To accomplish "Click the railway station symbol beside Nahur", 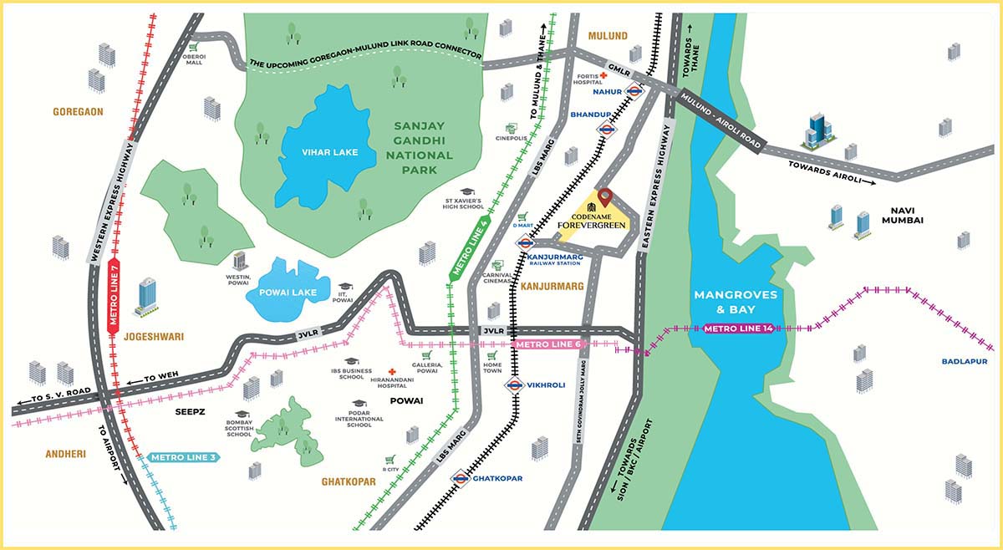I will (x=634, y=94).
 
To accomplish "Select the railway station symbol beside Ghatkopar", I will (x=459, y=478).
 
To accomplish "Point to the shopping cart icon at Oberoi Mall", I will (x=193, y=48).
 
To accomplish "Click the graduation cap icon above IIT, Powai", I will (x=345, y=286).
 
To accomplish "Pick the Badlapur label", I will (x=963, y=361).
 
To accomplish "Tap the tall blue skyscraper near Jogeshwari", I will (x=148, y=297).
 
